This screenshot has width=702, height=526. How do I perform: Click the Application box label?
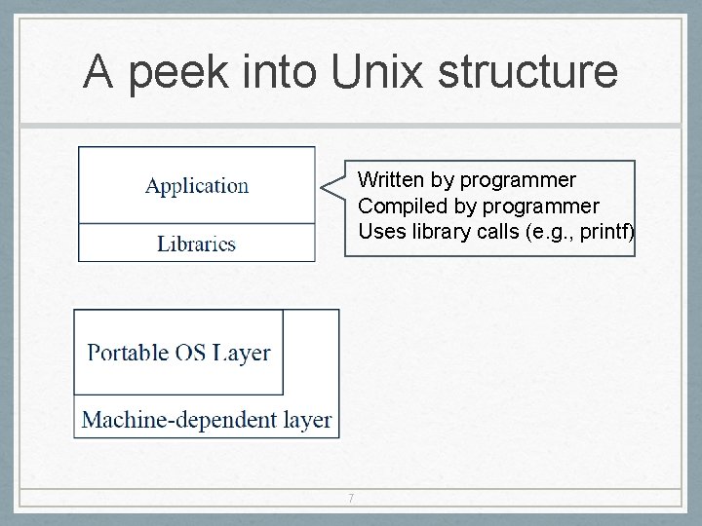coord(197,185)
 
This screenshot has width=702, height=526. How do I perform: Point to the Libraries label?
coord(197,244)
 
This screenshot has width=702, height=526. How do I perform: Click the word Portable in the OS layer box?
coord(128,353)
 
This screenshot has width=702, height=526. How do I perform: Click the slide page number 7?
coord(351,500)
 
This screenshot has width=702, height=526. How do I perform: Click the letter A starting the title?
coord(97,72)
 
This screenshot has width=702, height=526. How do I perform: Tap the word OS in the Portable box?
coord(191,353)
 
